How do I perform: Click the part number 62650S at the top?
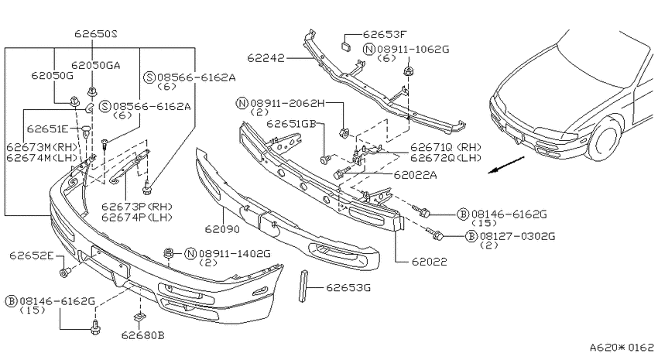click(x=96, y=33)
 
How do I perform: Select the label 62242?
click(x=266, y=57)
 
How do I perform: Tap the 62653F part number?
click(x=385, y=34)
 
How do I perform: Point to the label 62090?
click(x=222, y=229)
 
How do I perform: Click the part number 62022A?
click(x=415, y=174)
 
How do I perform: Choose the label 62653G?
click(x=348, y=287)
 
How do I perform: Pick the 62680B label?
click(x=142, y=335)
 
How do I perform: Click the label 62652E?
click(x=32, y=255)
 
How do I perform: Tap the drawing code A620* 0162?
click(x=622, y=348)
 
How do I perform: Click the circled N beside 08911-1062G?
click(x=368, y=49)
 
